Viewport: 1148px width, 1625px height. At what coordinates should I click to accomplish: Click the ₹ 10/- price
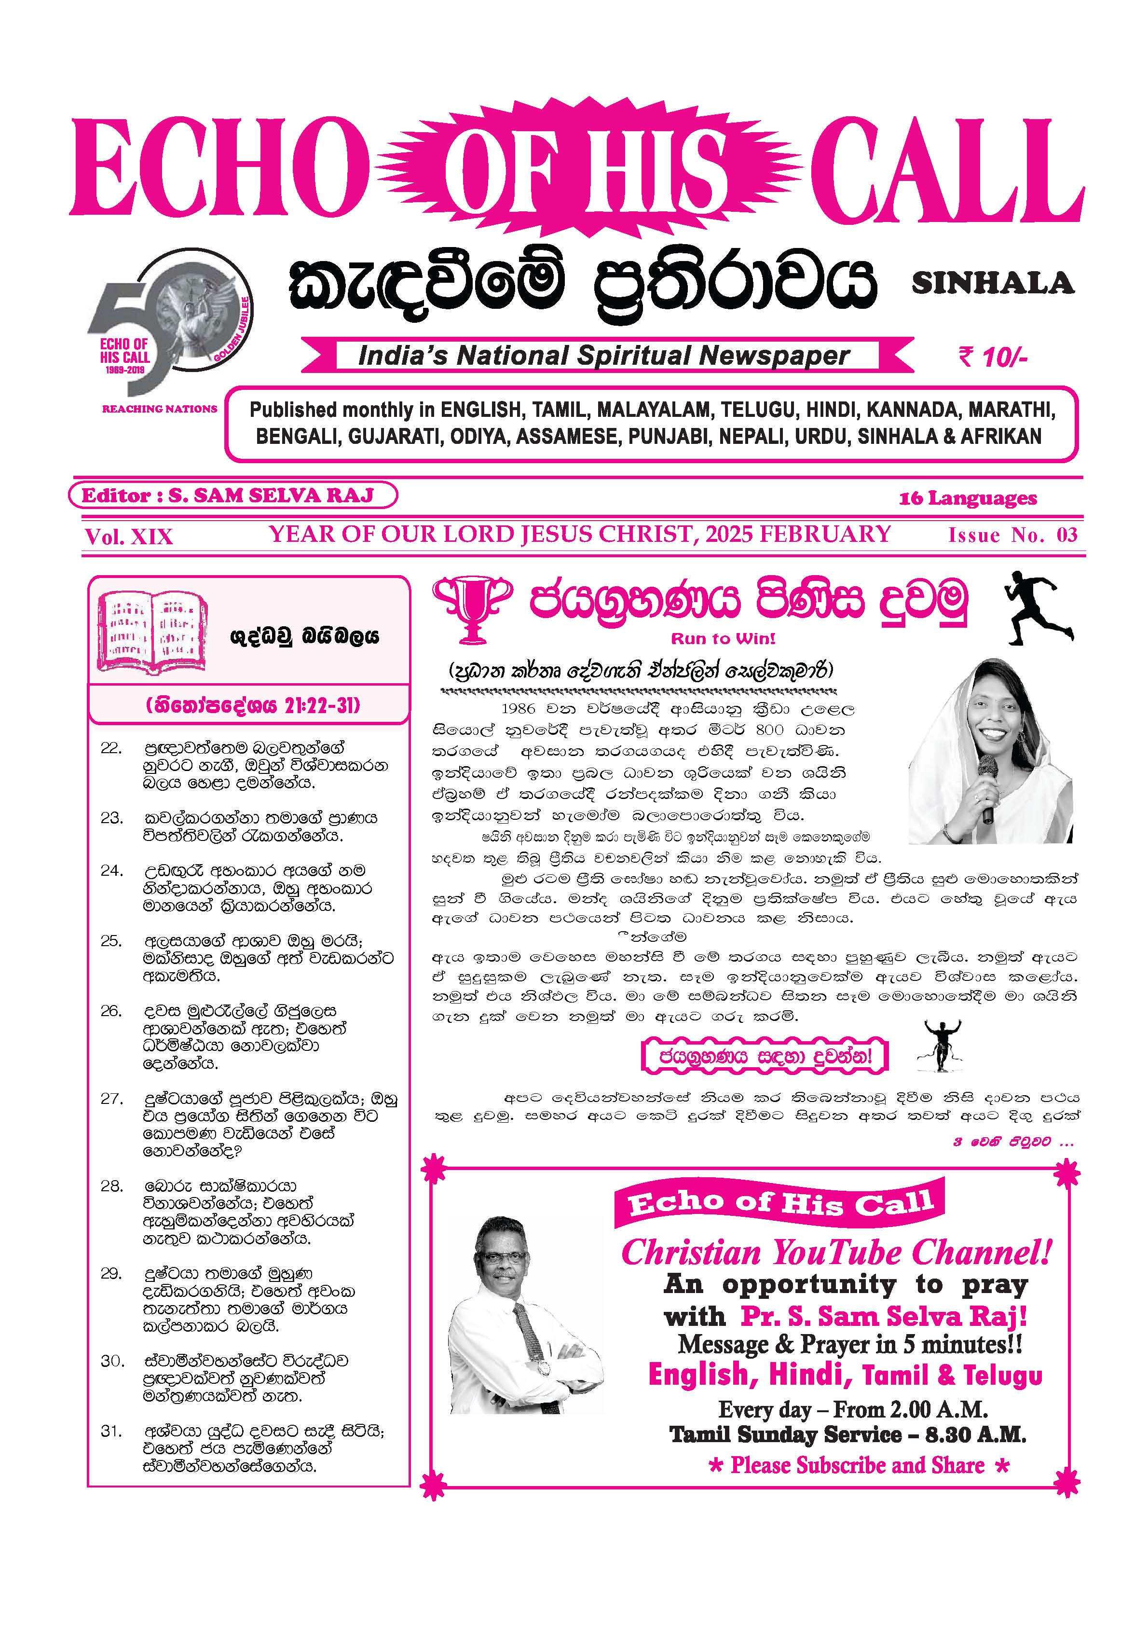coord(992,358)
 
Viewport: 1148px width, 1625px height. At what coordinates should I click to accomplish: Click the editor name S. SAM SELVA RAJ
coord(271,496)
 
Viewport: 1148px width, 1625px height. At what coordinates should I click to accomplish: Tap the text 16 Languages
coord(968,498)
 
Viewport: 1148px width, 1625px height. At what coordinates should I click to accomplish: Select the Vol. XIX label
coord(129,537)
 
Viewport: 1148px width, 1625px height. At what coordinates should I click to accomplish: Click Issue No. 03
coord(1012,535)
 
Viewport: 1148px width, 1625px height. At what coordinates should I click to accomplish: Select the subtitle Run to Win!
coord(723,638)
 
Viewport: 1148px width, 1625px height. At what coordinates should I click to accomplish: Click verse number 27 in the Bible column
coord(112,1099)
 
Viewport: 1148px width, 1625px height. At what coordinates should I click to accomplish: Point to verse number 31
coord(112,1431)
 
